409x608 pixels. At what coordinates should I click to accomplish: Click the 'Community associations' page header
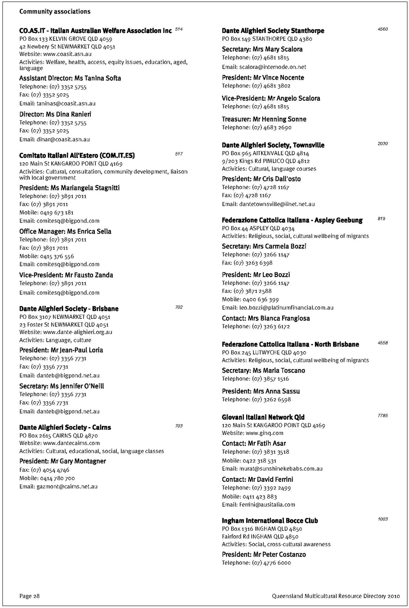55,12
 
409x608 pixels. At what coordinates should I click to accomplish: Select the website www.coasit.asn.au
67,54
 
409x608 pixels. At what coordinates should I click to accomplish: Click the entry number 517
179,154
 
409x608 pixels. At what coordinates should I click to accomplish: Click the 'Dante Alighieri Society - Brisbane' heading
69,309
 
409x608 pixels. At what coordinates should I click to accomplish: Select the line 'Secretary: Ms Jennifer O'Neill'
61,386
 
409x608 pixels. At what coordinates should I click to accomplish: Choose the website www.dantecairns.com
71,443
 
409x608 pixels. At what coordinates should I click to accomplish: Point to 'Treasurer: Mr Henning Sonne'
264,119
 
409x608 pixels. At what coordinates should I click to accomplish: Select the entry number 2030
383,144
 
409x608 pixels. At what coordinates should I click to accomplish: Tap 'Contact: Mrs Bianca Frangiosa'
266,318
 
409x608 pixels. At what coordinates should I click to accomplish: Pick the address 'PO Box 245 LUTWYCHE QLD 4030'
264,352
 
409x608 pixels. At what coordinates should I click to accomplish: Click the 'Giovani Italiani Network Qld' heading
263,417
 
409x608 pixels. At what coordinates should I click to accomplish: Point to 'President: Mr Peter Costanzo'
264,554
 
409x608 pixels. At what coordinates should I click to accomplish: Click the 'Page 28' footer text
29,596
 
